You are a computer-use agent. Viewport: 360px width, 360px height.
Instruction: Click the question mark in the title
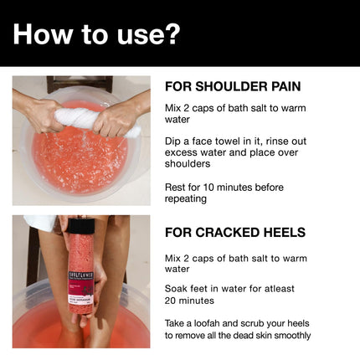(x=172, y=33)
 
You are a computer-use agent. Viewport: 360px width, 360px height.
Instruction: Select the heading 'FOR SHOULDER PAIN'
(x=233, y=86)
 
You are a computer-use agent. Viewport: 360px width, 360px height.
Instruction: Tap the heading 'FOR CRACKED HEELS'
(x=234, y=232)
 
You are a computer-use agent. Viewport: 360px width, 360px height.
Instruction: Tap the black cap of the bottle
(x=81, y=225)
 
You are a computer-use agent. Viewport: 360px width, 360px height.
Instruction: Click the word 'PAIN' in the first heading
(x=282, y=86)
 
